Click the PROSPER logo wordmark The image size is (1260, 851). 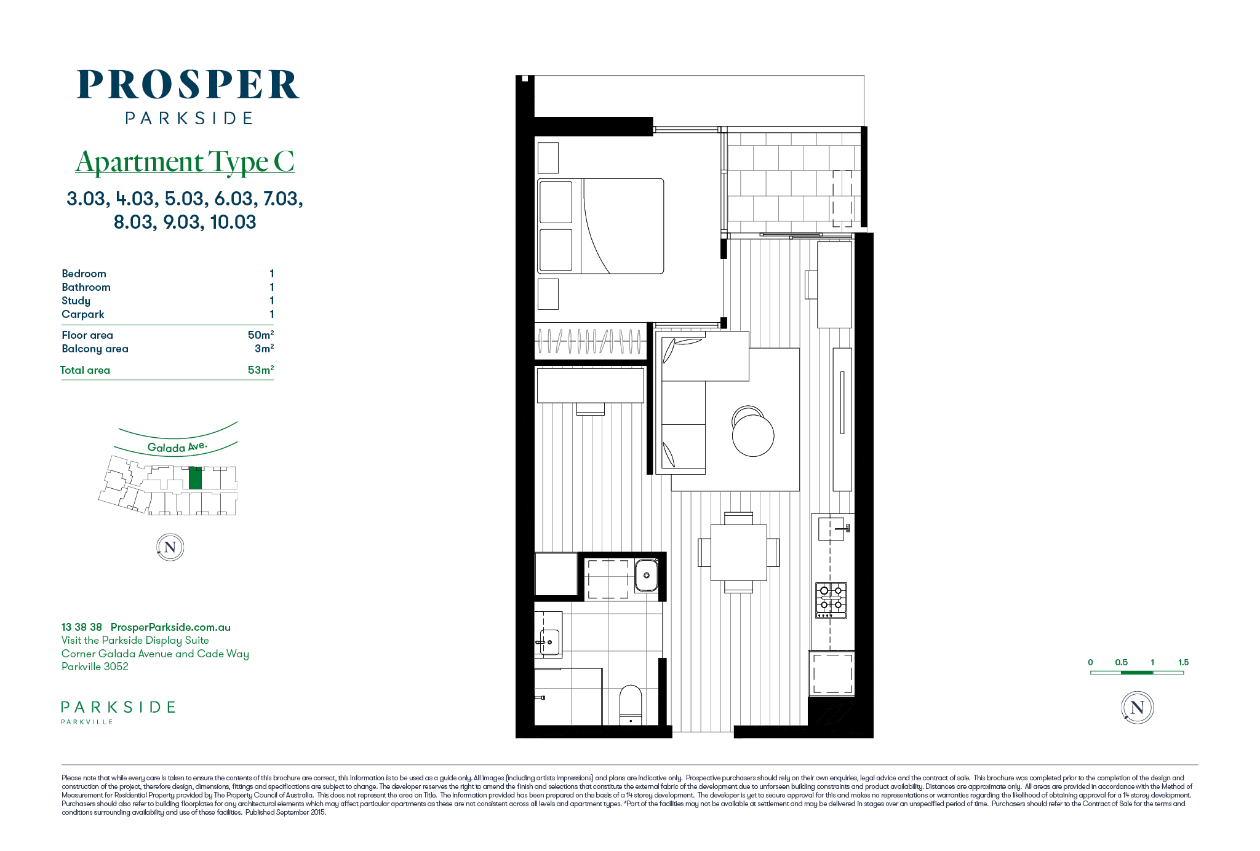click(188, 84)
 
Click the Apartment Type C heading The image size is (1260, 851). click(185, 162)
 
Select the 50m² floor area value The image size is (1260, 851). click(260, 334)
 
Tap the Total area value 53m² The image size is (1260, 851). click(260, 370)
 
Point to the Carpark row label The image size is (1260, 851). click(83, 314)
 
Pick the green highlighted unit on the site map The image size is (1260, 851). click(195, 478)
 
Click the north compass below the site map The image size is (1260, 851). click(170, 547)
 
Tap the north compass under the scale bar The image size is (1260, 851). click(1137, 708)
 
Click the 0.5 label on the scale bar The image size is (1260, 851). click(1121, 662)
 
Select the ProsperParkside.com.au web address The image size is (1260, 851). click(170, 627)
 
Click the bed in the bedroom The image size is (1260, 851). click(600, 226)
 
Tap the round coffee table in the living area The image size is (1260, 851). click(753, 435)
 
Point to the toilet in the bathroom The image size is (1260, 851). click(631, 705)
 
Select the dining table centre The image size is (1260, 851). click(739, 552)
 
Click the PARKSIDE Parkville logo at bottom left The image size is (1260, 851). click(118, 711)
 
